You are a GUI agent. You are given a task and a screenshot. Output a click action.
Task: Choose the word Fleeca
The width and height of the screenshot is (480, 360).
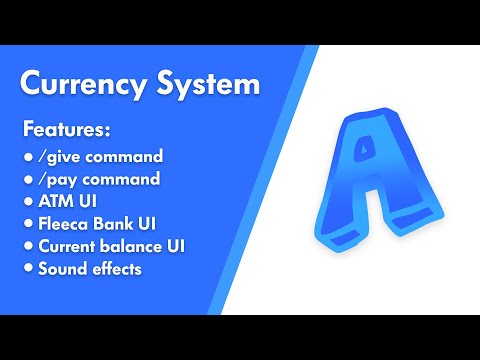pos(62,223)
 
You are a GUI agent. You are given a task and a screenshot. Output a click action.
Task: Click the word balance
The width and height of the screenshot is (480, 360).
pos(129,245)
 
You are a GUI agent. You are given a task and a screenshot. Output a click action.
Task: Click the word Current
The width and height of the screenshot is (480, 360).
pos(68,245)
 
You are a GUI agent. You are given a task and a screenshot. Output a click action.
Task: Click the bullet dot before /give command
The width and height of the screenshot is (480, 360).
pos(27,157)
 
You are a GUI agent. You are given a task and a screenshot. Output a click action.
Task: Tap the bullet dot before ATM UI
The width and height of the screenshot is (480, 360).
pos(27,201)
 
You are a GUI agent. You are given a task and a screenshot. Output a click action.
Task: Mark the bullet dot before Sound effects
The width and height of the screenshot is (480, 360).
pos(27,267)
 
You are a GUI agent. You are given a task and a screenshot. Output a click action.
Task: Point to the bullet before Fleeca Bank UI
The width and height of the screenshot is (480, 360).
pos(27,223)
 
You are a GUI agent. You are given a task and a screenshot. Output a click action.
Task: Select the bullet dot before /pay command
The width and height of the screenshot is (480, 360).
pos(27,179)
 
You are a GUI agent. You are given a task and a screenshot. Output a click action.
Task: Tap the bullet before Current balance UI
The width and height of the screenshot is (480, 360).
pos(27,245)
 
